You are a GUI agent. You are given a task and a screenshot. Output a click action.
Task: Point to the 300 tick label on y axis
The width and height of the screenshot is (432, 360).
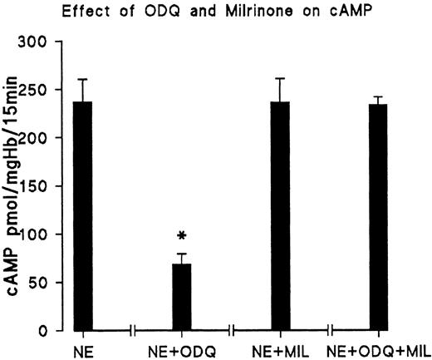point(43,41)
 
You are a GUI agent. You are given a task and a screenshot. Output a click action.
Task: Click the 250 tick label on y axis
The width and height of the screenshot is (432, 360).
point(43,89)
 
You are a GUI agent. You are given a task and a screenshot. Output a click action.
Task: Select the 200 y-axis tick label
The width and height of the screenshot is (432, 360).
point(43,138)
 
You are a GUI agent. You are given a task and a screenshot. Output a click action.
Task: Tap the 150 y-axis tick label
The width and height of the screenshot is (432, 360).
point(43,186)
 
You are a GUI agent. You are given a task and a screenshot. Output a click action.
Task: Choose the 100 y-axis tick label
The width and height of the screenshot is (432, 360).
point(43,234)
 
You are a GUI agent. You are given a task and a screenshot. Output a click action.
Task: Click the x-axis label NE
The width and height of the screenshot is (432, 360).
point(82,348)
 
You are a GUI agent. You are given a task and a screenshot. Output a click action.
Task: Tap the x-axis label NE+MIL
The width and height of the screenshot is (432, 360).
point(281,348)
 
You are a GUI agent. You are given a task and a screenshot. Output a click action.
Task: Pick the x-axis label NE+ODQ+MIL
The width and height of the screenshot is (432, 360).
point(380,348)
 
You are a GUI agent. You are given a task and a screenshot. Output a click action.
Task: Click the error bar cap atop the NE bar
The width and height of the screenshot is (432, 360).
point(82,80)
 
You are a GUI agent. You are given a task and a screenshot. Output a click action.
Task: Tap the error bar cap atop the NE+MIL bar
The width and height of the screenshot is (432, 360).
point(281,79)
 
